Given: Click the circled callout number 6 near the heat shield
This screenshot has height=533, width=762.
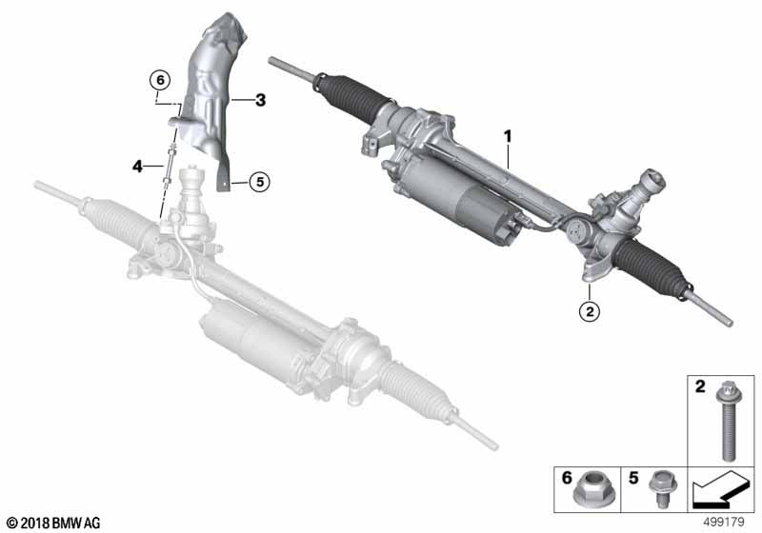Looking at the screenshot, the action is [x=160, y=80].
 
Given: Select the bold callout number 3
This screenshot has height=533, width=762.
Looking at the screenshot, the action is [x=260, y=101].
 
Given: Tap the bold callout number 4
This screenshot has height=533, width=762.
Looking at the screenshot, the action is [x=137, y=167].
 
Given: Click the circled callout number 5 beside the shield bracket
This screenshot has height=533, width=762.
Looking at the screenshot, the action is [x=259, y=182].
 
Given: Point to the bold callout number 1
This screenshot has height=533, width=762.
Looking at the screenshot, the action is [x=508, y=136].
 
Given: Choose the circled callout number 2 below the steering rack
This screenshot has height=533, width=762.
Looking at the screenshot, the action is [x=590, y=310].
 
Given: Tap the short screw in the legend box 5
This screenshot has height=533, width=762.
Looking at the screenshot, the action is [x=658, y=487].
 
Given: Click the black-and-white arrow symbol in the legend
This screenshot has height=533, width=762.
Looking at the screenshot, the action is [x=719, y=491].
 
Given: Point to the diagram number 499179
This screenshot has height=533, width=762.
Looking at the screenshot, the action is [x=724, y=523].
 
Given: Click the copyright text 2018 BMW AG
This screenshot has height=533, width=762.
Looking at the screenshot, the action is [x=54, y=523].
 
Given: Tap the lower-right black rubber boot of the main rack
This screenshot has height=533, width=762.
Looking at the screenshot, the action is [x=651, y=266].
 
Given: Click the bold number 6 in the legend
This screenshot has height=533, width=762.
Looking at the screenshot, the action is [x=567, y=478].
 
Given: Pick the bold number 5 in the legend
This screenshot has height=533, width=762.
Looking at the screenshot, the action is [x=633, y=478].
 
